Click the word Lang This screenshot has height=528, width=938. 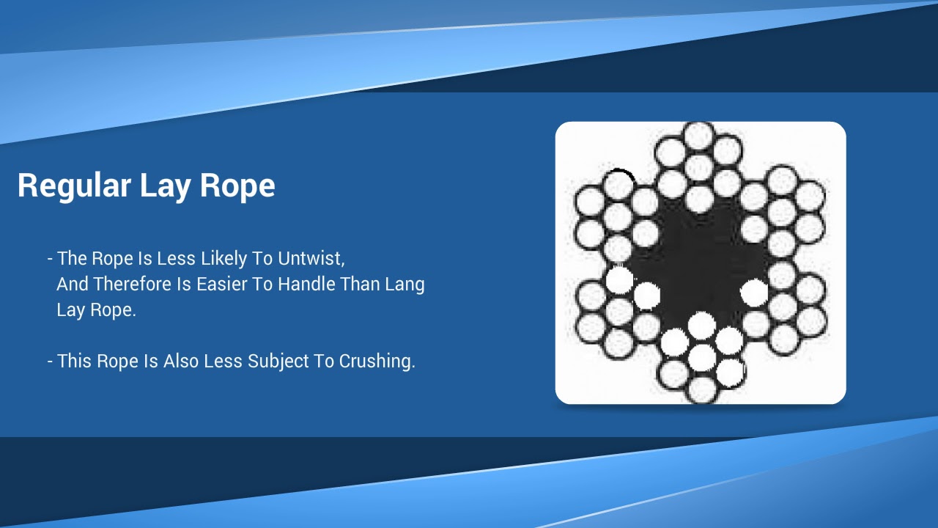coord(403,285)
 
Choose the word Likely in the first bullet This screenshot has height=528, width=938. coord(216,259)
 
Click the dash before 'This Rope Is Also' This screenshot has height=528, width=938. coord(50,362)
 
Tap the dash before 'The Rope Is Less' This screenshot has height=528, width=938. coord(50,259)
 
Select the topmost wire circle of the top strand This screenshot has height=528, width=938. coord(698,136)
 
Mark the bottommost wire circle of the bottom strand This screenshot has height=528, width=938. coord(701,389)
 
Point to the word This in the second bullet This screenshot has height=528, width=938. coord(75,362)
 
